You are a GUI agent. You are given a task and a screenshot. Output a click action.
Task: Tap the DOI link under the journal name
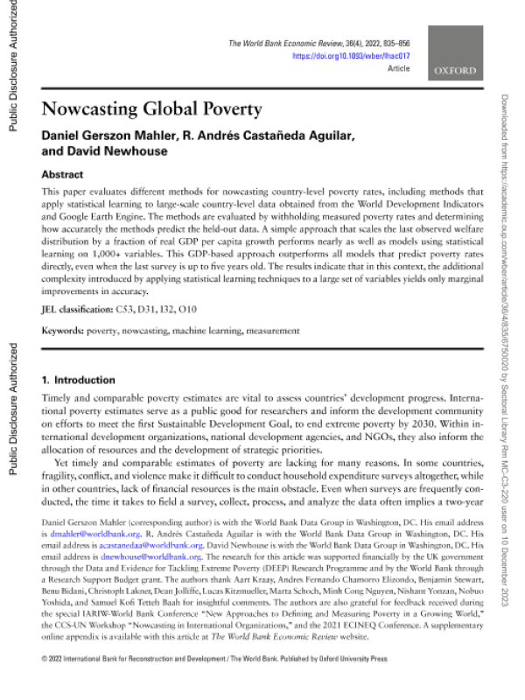(352, 55)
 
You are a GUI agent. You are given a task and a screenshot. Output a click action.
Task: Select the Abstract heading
(63, 174)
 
